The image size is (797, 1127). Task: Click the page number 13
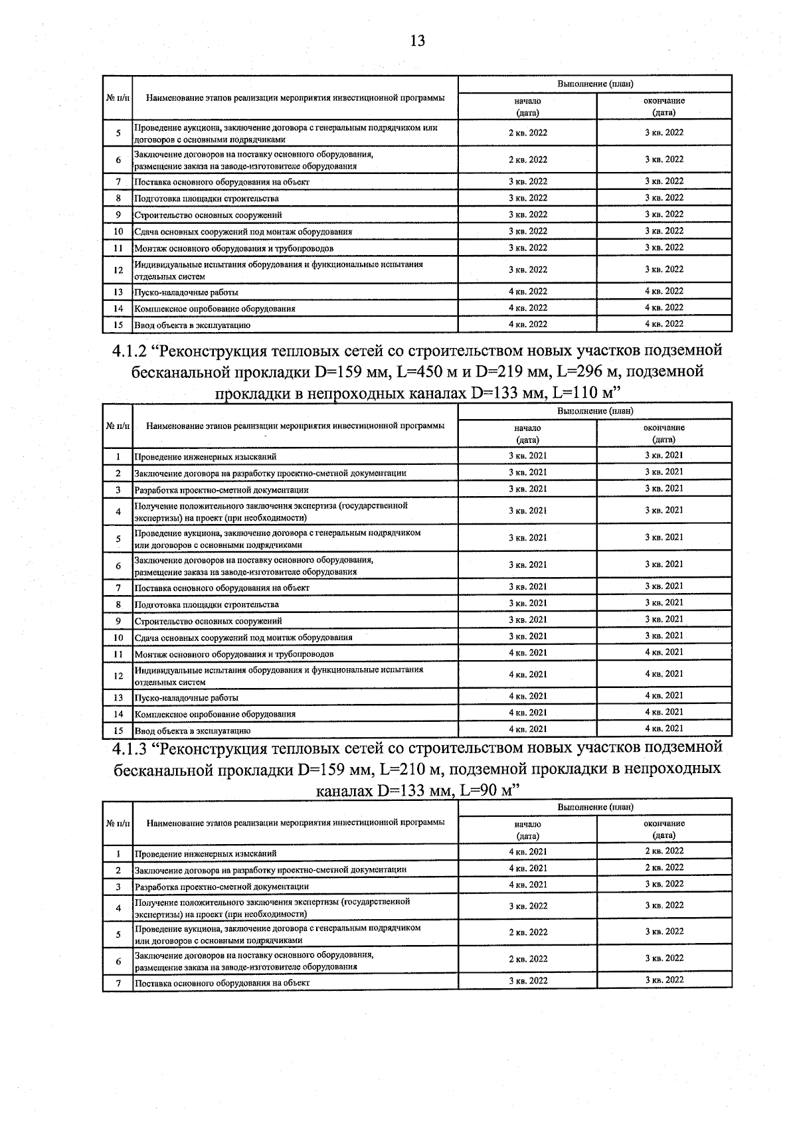point(417,41)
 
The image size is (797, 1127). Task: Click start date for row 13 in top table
point(527,292)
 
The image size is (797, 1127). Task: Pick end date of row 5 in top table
point(664,133)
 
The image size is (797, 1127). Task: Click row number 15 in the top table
point(118,325)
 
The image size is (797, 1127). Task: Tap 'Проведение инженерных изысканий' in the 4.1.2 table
point(205,457)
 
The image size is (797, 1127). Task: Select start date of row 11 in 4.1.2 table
point(527,653)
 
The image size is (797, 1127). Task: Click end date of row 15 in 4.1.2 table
point(664,729)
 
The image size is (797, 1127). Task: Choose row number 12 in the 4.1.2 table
point(118,675)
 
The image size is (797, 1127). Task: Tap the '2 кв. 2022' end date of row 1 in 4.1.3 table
point(664,851)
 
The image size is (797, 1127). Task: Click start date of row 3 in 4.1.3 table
point(527,885)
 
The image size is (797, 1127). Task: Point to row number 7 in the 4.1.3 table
point(118,983)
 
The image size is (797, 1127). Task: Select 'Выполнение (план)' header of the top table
point(594,84)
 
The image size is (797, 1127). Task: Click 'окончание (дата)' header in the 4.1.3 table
point(664,829)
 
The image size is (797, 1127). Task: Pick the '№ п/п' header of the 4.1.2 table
point(118,425)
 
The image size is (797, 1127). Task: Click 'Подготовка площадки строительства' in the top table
point(207,199)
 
